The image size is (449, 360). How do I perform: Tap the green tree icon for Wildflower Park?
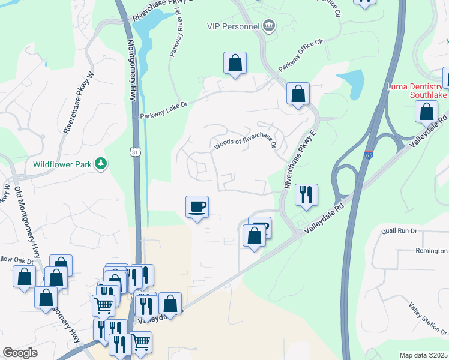[x=101, y=163]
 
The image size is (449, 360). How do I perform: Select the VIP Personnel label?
[x=232, y=26]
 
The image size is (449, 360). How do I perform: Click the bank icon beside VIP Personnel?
[x=268, y=26]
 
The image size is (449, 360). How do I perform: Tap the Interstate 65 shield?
[x=369, y=155]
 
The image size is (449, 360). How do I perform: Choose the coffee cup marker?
[x=197, y=207]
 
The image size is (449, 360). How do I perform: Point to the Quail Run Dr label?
[x=399, y=230]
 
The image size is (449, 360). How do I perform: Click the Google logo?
[x=20, y=353]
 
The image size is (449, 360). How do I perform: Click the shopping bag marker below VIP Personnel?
[x=235, y=63]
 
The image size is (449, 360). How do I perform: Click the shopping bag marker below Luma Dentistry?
[x=426, y=112]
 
